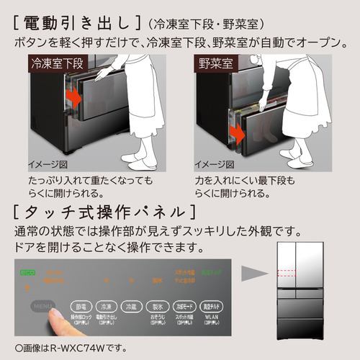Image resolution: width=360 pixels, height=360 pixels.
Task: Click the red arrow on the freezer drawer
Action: (x=72, y=95)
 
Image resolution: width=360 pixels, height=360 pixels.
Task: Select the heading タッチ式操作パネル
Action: (x=104, y=212)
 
